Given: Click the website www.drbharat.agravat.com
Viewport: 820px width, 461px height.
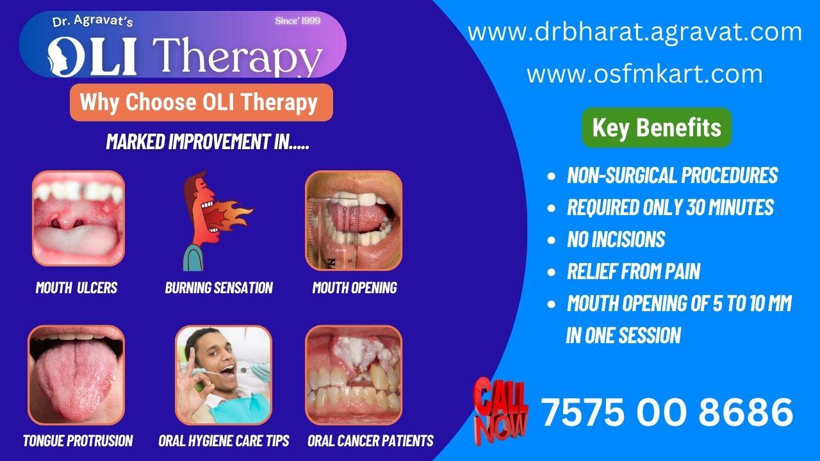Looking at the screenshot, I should pyautogui.click(x=634, y=32).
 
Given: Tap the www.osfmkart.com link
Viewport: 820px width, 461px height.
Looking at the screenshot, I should pyautogui.click(x=644, y=74).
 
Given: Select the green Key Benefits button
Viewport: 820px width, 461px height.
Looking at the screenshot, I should pyautogui.click(x=657, y=127).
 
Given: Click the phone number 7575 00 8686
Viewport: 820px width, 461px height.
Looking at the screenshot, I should pyautogui.click(x=667, y=412).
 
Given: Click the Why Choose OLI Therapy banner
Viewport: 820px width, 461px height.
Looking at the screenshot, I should pyautogui.click(x=201, y=102).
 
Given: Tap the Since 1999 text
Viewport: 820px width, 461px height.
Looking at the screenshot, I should pyautogui.click(x=297, y=21).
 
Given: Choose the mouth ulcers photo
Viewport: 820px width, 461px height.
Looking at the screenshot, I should pyautogui.click(x=78, y=218).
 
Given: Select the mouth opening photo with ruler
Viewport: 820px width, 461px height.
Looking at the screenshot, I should pyautogui.click(x=354, y=220).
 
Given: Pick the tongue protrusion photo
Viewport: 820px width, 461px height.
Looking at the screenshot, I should pyautogui.click(x=76, y=375).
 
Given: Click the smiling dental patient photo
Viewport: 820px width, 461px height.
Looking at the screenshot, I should pyautogui.click(x=224, y=375).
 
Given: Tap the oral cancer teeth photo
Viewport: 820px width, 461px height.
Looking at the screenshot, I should pyautogui.click(x=354, y=375).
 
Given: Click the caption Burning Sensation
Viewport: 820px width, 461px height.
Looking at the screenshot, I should pyautogui.click(x=218, y=288).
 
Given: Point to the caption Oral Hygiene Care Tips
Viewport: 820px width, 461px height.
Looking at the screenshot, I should pyautogui.click(x=224, y=441).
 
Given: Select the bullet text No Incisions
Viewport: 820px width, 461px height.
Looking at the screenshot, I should pyautogui.click(x=616, y=239).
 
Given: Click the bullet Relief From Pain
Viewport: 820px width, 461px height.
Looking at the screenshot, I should pyautogui.click(x=633, y=271).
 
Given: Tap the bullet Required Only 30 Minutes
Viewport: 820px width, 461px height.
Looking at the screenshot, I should pyautogui.click(x=670, y=207).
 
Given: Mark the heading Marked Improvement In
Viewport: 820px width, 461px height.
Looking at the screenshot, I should pyautogui.click(x=208, y=142).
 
